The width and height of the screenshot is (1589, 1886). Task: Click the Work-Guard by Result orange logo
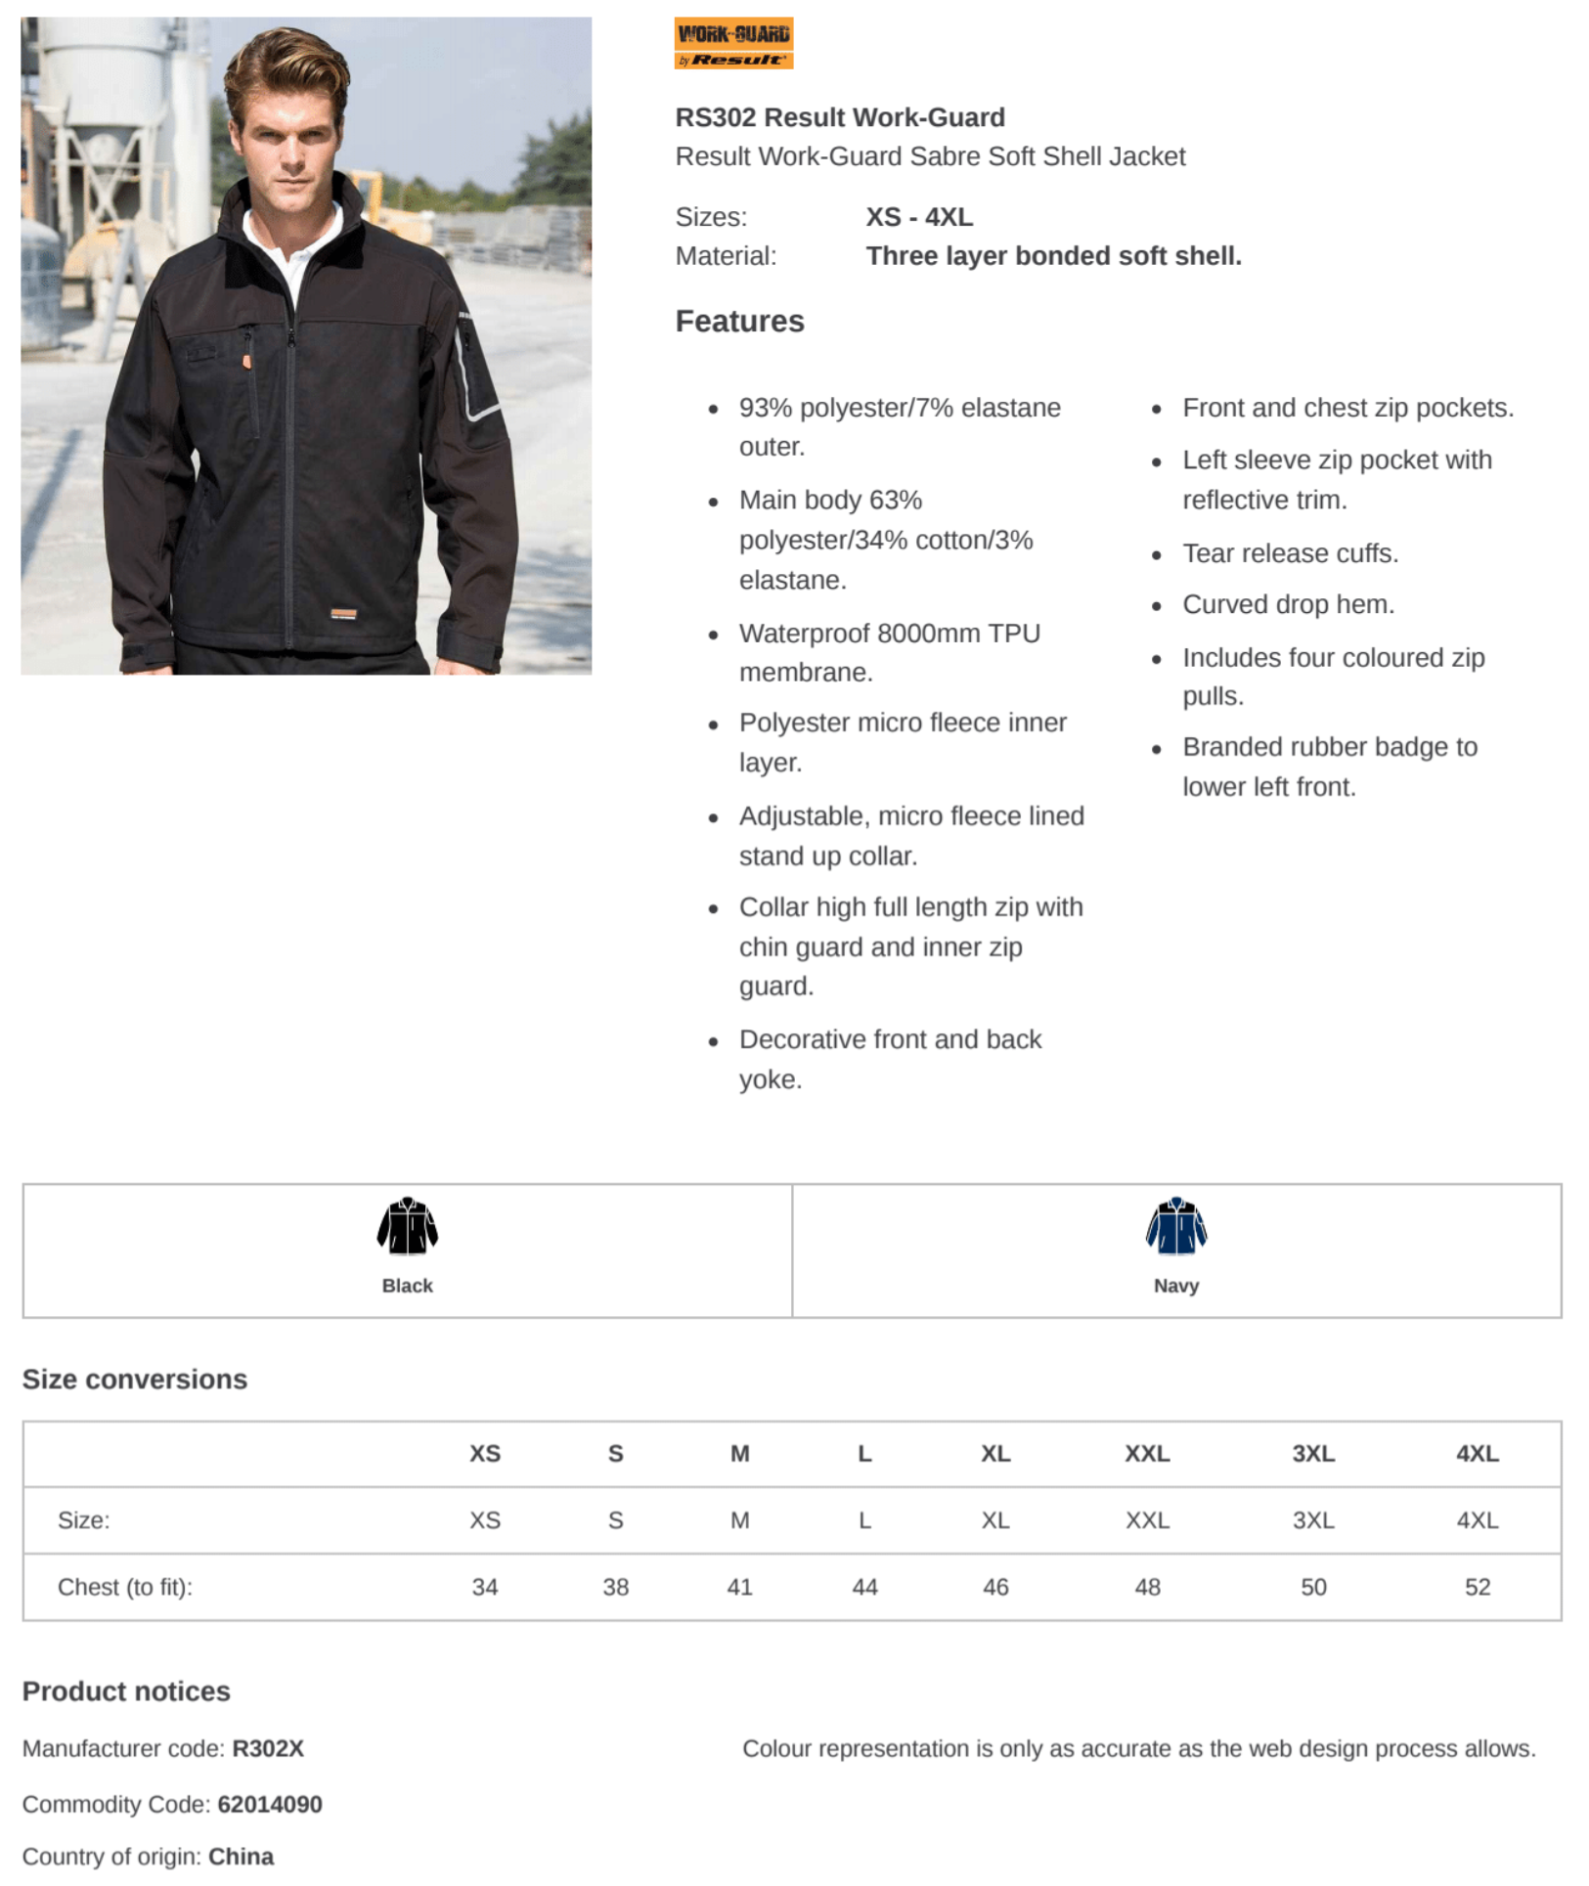732,44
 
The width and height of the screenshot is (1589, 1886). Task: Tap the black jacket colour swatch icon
407,1225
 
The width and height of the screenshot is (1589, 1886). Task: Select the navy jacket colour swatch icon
1175,1225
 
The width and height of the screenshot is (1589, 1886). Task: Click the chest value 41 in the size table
739,1586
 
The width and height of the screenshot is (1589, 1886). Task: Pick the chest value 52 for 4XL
1477,1586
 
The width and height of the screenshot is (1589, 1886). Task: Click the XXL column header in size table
1146,1453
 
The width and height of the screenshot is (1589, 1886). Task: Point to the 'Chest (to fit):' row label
124,1586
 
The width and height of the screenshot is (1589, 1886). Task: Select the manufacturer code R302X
268,1748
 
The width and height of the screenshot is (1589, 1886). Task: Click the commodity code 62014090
270,1804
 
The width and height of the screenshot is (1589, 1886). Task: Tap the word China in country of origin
241,1856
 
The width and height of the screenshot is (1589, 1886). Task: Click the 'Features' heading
739,321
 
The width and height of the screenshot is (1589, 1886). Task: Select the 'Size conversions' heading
135,1379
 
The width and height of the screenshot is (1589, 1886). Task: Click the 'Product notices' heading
126,1690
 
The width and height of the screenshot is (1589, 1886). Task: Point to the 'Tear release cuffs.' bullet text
1290,553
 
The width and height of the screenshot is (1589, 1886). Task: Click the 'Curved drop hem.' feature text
1288,604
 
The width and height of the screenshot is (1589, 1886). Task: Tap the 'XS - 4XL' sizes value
919,217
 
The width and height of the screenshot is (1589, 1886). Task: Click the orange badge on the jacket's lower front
343,614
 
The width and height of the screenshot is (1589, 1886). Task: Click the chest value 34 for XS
484,1586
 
